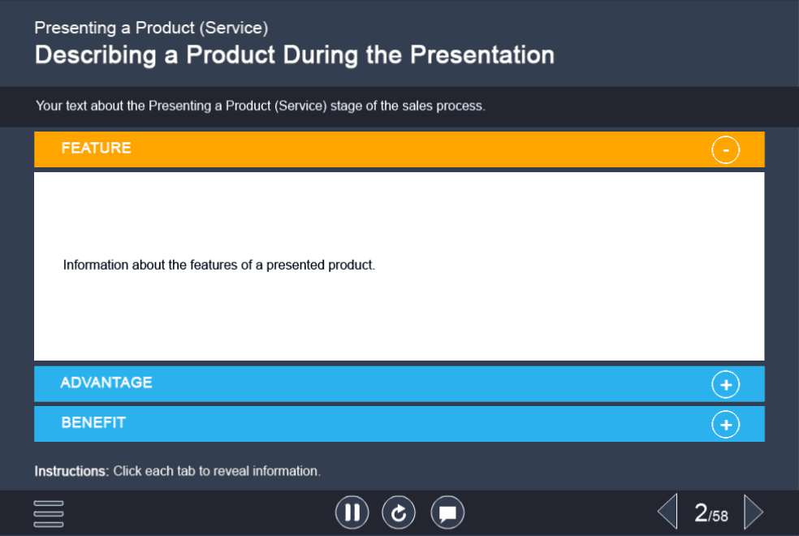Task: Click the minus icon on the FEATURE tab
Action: pos(726,149)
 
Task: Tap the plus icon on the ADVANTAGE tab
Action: pos(726,385)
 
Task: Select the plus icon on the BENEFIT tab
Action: pos(726,425)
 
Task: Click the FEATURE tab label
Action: pos(97,148)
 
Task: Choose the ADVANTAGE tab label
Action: pos(106,383)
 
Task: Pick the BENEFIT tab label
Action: pos(93,422)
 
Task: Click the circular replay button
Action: pos(399,512)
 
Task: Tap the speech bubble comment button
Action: pos(447,512)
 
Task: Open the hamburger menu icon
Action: pos(49,513)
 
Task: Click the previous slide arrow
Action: pos(667,512)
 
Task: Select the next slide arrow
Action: pos(754,512)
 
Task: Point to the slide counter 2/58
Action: pos(710,513)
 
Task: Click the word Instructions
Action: pos(71,471)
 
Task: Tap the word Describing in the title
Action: pos(95,55)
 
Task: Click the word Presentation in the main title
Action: pos(482,55)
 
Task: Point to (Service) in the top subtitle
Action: pos(233,28)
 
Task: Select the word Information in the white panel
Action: pos(96,265)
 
